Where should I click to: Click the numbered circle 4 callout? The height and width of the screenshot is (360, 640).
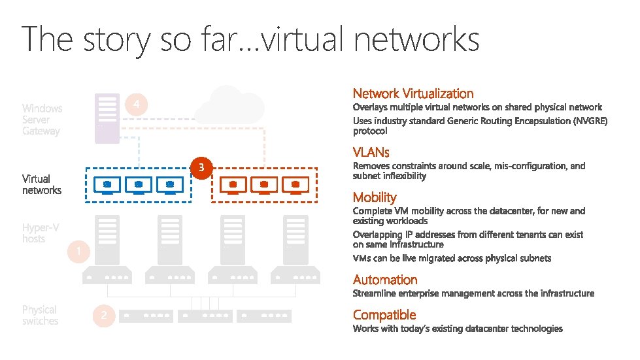click(x=135, y=105)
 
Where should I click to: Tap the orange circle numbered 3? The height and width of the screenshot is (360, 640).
click(x=202, y=168)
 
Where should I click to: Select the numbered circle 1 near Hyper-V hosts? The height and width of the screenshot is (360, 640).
click(x=78, y=252)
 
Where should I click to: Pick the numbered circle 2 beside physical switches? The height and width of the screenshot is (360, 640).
click(x=103, y=316)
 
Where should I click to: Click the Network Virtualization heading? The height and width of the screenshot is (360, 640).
click(x=413, y=93)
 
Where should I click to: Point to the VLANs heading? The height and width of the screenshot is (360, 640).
click(x=371, y=152)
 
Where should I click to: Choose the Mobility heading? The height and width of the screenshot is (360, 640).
click(x=375, y=197)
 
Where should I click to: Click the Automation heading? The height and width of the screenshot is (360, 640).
click(x=385, y=280)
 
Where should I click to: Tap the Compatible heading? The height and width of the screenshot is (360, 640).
click(x=384, y=315)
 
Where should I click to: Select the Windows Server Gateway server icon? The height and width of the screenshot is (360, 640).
click(x=107, y=118)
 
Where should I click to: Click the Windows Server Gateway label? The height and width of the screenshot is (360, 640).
click(x=42, y=120)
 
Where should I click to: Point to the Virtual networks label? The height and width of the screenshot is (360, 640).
click(x=42, y=184)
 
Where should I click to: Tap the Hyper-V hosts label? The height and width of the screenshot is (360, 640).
click(x=41, y=233)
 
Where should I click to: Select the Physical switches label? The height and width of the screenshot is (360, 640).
click(x=40, y=316)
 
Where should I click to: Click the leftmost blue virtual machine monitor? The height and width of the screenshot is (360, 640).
click(x=107, y=186)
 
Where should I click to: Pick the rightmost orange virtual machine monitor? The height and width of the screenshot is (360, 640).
click(x=295, y=186)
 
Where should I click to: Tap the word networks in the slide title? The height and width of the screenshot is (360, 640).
click(x=416, y=39)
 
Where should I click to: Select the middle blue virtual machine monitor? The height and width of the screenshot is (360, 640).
click(x=139, y=186)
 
